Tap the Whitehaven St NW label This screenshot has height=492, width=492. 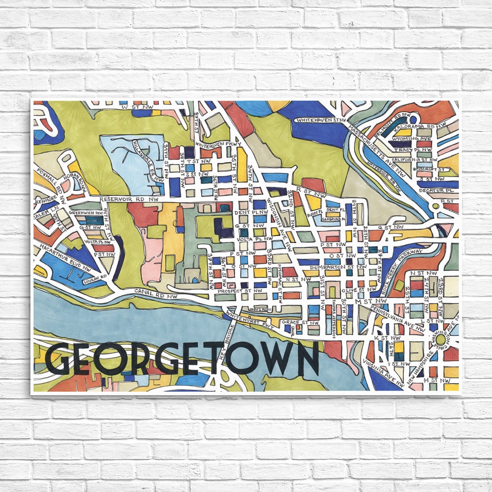click(x=321, y=120)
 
